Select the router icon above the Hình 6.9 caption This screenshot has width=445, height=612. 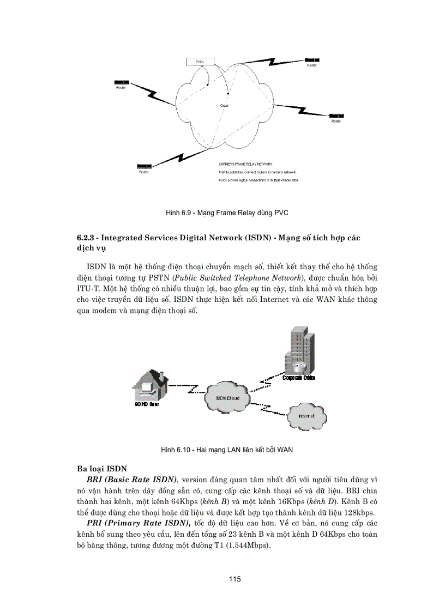144,166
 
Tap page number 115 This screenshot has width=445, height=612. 235,579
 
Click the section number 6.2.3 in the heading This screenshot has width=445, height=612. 86,238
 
